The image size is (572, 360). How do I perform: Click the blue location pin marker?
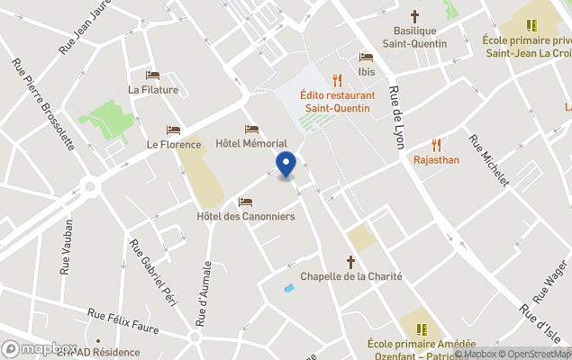click(285, 166)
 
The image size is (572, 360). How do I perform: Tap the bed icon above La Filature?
click(153, 76)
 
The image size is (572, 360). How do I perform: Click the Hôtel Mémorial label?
click(251, 143)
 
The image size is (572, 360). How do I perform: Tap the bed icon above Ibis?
click(366, 57)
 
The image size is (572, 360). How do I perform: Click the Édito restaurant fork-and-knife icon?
click(337, 79)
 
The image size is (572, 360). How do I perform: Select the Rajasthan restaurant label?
click(437, 159)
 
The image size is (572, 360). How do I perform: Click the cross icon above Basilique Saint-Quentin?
click(415, 16)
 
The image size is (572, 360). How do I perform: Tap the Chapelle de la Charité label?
click(351, 276)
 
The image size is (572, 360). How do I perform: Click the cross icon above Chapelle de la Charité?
click(351, 262)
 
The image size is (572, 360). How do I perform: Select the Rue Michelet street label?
click(489, 160)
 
